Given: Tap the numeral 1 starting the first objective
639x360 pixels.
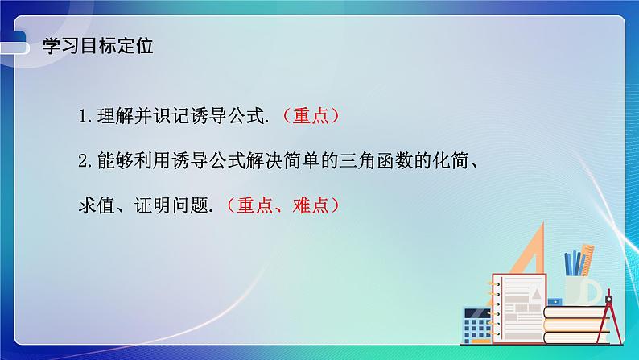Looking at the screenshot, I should click(83, 116).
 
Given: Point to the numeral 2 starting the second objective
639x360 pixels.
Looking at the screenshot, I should click(83, 160).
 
